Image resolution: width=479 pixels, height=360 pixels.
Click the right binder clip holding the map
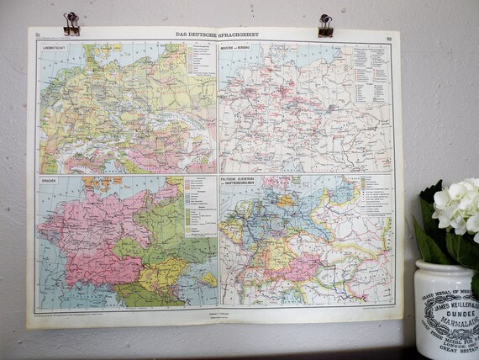pos(324,24)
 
